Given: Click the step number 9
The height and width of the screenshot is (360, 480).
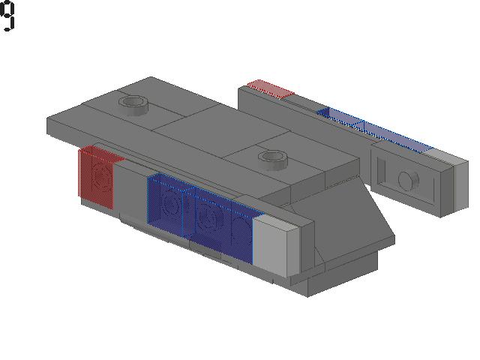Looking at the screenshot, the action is [7, 16].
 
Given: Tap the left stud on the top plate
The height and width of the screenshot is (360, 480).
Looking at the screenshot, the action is [133, 105].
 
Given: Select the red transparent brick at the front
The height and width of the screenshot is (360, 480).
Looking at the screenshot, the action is [97, 176].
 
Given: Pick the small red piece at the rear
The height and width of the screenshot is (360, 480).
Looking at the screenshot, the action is [270, 88].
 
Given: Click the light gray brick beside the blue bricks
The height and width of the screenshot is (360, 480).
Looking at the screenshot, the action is [276, 245].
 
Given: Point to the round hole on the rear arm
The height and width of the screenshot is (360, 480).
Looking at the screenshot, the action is [408, 181].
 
